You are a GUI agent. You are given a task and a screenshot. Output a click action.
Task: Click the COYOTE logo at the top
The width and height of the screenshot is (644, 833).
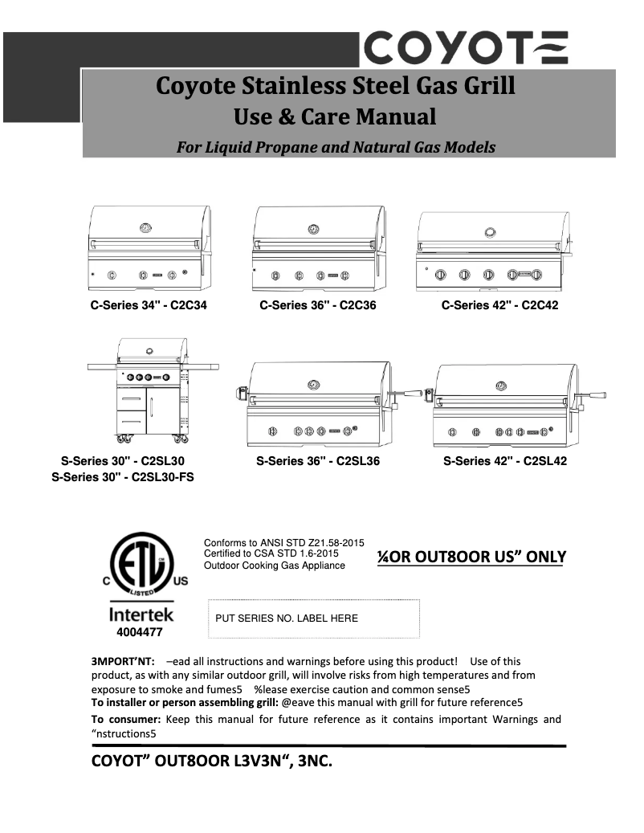467,47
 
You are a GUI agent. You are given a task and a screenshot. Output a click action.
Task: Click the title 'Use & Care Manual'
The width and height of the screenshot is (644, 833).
334,117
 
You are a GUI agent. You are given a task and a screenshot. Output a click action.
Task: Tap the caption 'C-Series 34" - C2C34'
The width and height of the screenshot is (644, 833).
149,305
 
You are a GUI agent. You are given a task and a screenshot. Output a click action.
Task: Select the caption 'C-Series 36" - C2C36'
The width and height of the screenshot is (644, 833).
318,305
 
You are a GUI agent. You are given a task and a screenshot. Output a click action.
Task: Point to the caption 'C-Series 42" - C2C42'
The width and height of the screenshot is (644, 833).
499,305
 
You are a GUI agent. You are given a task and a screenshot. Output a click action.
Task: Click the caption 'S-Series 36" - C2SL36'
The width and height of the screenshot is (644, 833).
318,461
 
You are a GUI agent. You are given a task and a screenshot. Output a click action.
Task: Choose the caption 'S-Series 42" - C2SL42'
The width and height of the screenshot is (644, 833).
505,461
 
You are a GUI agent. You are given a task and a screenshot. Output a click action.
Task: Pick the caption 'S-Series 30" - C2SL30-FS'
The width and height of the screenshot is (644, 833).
123,476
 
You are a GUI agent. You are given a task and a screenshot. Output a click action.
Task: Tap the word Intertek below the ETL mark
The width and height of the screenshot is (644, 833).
141,616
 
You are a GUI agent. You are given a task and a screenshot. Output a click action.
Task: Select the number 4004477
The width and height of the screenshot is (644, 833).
141,632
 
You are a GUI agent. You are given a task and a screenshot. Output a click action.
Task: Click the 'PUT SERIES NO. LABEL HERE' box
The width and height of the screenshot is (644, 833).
314,619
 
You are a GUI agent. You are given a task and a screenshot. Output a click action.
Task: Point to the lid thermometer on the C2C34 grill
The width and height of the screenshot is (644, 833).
145,228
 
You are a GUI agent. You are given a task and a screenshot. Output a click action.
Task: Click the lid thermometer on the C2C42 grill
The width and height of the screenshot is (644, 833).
490,232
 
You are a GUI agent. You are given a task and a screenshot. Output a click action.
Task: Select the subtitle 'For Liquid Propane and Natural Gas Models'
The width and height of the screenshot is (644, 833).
336,147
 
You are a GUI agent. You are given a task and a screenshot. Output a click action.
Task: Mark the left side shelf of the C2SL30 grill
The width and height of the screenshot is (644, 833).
103,367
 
